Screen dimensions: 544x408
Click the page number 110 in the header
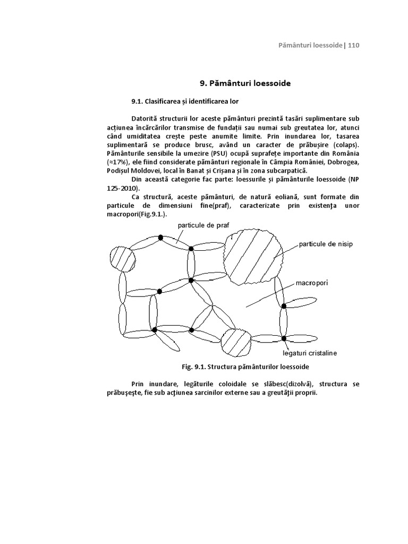354,45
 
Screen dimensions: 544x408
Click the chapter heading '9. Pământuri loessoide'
245,83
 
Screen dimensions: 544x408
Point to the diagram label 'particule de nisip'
326,244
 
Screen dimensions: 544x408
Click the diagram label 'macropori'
312,283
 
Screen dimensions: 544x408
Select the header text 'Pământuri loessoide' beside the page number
310,45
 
